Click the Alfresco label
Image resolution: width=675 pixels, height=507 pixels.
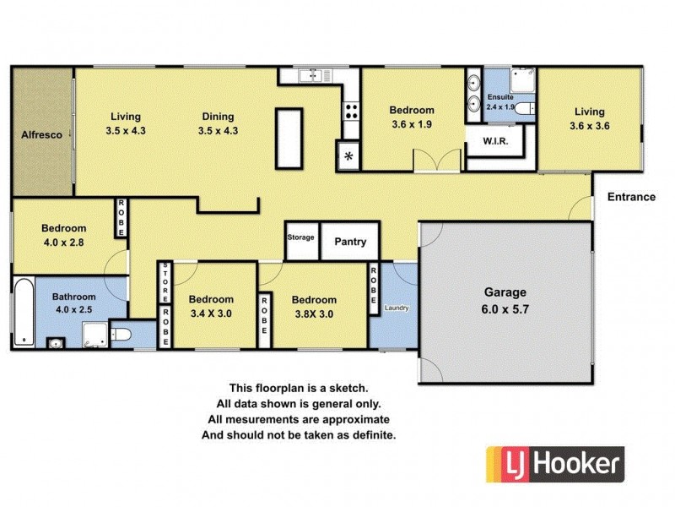(x=41, y=134)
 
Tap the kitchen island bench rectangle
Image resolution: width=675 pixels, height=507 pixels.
(x=289, y=135)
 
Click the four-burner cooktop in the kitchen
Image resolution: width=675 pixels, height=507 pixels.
(x=351, y=110)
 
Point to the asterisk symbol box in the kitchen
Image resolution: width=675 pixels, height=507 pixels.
(x=348, y=157)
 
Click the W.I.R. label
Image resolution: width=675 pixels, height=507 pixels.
(x=494, y=141)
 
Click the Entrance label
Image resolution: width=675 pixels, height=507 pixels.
(x=631, y=198)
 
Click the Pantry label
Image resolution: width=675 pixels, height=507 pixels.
(x=350, y=243)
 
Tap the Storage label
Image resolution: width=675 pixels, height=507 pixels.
(x=301, y=237)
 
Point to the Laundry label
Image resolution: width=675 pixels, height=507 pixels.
(x=396, y=308)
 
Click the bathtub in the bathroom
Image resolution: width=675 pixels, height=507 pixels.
(x=24, y=313)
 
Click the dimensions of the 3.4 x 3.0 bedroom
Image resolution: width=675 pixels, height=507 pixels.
(x=211, y=313)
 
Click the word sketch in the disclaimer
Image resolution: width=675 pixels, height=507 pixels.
(x=348, y=389)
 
